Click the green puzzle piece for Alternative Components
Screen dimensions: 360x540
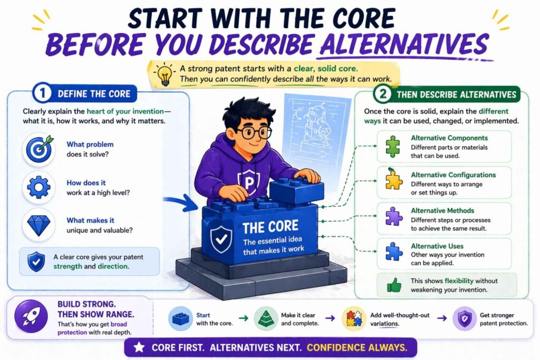click(x=392, y=147)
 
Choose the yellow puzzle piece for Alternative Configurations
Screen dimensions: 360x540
click(x=392, y=181)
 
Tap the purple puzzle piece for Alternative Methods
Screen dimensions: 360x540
click(x=392, y=216)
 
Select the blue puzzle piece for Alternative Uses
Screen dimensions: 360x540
click(x=392, y=251)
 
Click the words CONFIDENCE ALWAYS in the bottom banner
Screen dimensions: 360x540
click(x=358, y=348)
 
